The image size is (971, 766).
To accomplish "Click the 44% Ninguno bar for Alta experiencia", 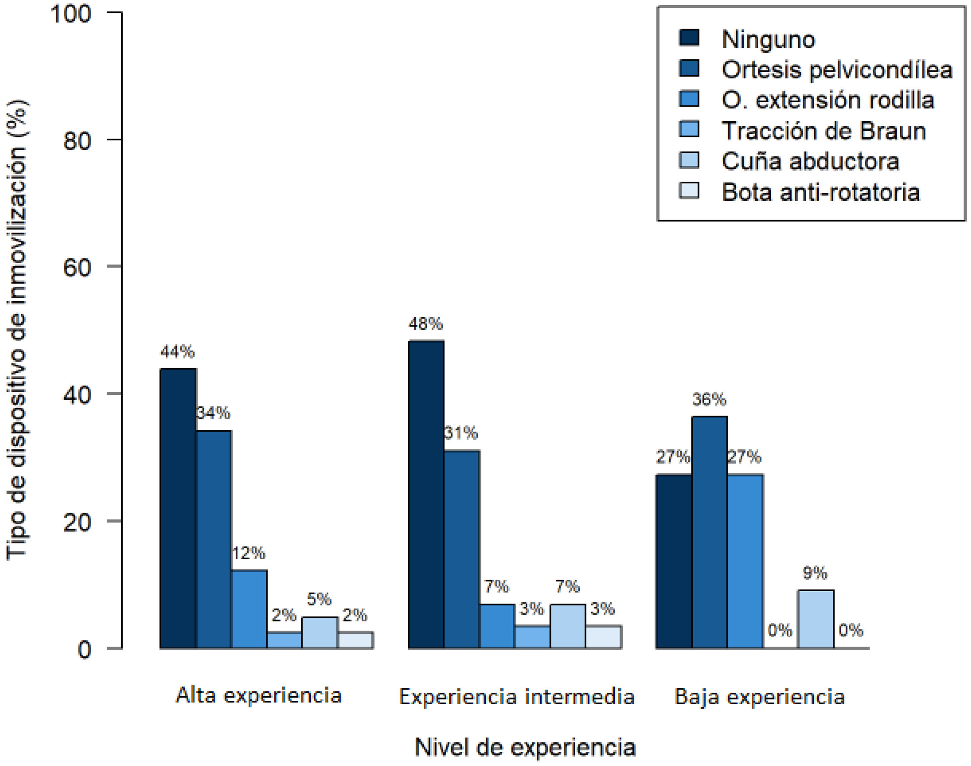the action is point(178,508).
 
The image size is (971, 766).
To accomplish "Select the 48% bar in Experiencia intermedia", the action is point(426,494).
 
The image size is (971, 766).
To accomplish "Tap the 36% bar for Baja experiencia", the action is point(709,533).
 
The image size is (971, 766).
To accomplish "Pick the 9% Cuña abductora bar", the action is point(816,619).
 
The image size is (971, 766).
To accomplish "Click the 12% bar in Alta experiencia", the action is point(249,609).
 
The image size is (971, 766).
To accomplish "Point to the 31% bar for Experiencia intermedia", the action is point(461,549).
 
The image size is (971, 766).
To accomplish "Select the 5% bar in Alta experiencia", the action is point(320,633).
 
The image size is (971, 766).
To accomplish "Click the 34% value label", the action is point(214,413).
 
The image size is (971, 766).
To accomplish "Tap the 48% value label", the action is point(426,323).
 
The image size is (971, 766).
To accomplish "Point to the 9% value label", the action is point(815,573).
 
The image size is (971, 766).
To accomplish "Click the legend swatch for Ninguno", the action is point(689,38).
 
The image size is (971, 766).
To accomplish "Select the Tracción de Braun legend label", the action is point(824,131).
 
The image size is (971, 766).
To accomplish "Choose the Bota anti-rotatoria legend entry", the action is point(799,192).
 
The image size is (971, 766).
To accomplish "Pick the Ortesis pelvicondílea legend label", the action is point(837,69).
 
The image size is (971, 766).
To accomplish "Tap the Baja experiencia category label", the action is point(760,697).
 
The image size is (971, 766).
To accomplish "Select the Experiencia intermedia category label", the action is point(517,697).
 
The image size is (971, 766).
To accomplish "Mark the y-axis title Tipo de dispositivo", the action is point(16,329).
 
